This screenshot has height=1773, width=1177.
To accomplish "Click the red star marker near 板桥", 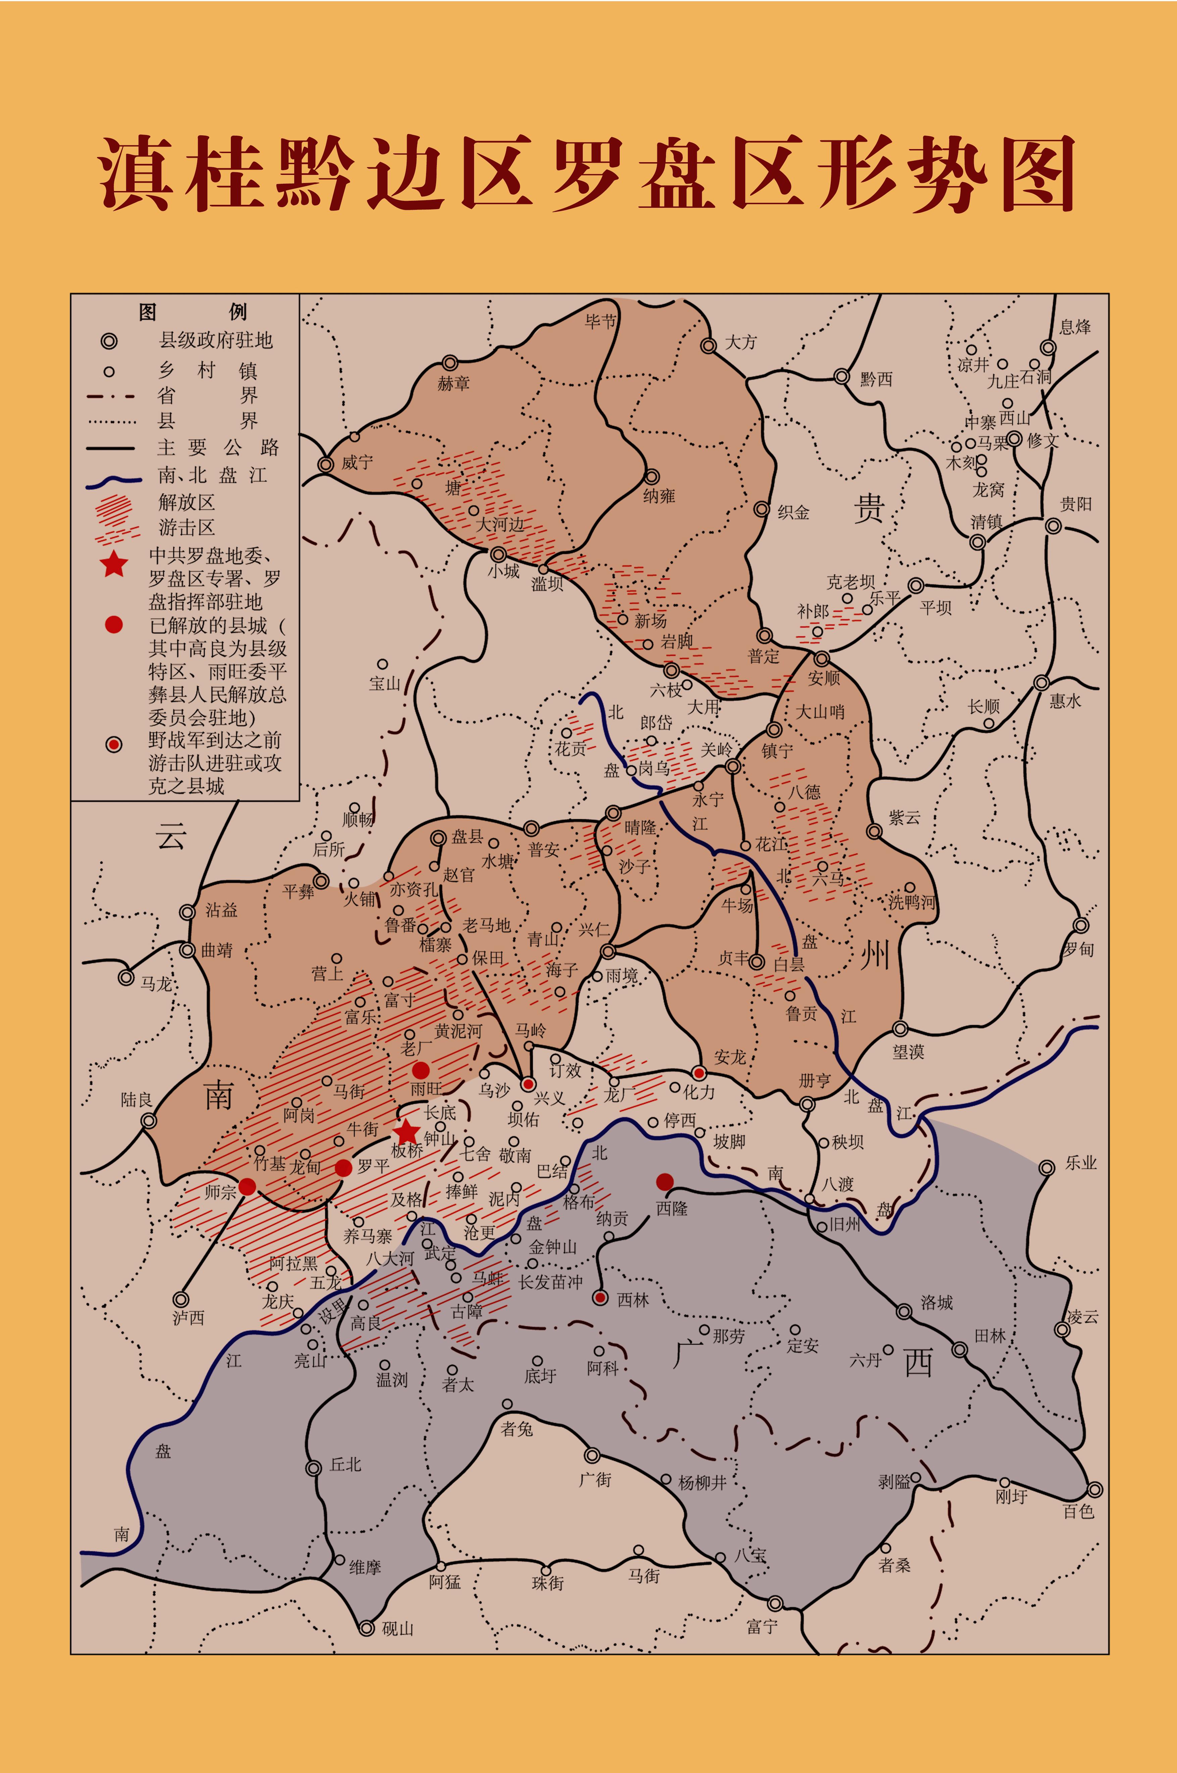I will coord(406,1131).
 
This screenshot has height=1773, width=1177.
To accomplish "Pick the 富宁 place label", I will coord(762,1627).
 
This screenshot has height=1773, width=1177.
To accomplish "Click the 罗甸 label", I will coord(1079,949).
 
